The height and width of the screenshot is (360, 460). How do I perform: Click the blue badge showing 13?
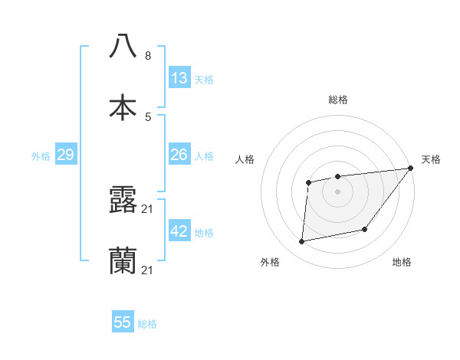pos(179,78)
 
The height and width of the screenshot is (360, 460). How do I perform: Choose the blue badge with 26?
pos(179,155)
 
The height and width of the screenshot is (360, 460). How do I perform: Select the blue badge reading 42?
pos(179,231)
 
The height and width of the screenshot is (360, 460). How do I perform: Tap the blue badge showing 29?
pos(65,155)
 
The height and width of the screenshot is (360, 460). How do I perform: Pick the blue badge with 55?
pos(123,322)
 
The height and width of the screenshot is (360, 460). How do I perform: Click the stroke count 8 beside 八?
pos(148,56)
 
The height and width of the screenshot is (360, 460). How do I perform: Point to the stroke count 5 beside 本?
pos(148,116)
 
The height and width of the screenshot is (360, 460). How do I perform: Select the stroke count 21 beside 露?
pos(148,209)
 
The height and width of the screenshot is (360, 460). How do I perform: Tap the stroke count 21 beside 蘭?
pos(148,270)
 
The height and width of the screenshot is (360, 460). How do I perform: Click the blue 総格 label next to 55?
pos(147,324)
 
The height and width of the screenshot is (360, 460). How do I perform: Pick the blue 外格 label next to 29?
pos(41,156)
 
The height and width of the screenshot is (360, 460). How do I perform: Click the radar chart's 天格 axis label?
pos(431,159)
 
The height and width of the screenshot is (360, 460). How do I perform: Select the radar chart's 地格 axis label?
pos(402,262)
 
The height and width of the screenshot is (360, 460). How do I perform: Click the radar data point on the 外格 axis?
pos(302,242)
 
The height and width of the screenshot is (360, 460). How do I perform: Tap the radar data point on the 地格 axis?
pos(365,229)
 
